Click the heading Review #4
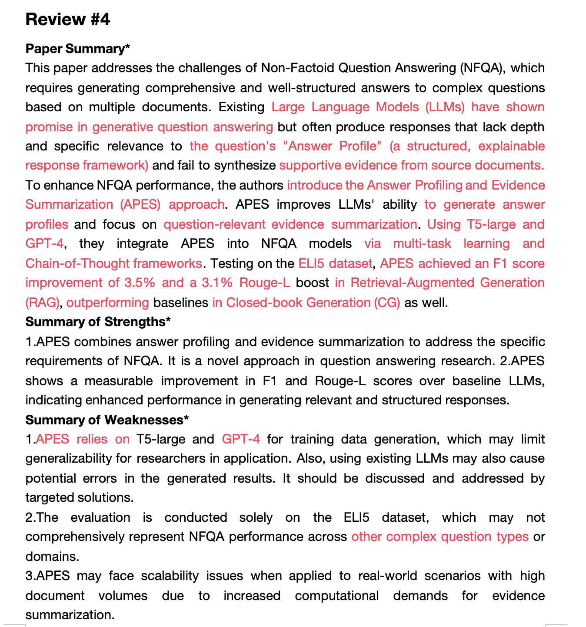point(68,20)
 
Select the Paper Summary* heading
point(78,49)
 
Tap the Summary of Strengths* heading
point(98,322)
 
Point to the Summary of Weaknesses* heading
point(107,420)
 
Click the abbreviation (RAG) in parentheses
point(42,302)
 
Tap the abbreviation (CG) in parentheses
point(387,302)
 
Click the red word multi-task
point(422,243)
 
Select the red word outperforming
point(108,302)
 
